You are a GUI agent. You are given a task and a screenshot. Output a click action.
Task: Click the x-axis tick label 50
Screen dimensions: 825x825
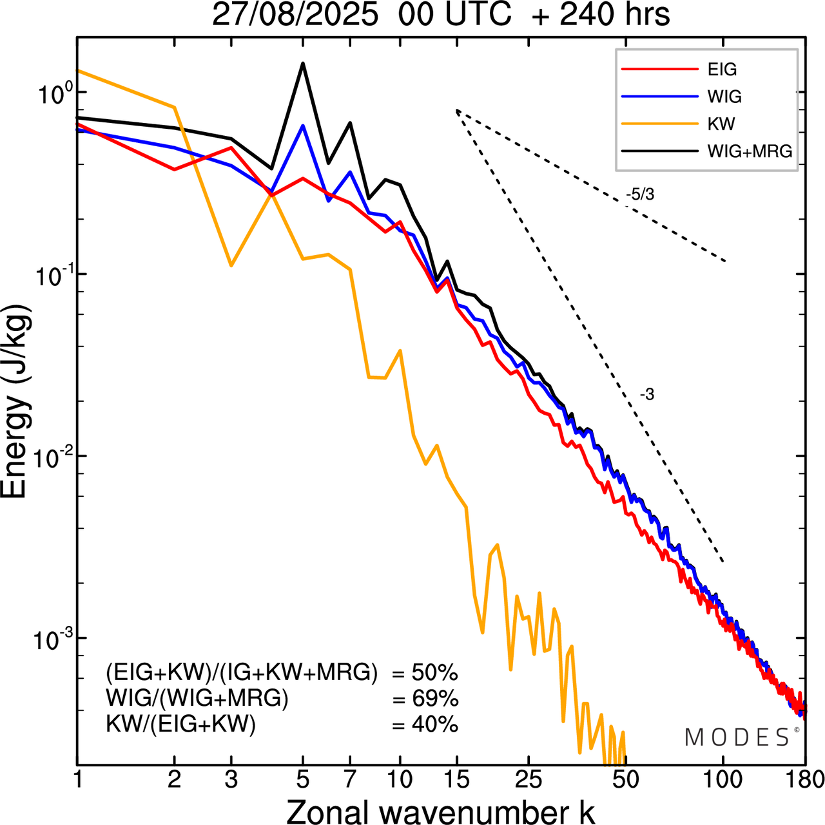tap(625, 780)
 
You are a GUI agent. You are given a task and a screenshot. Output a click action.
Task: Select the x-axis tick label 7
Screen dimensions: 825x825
tap(350, 780)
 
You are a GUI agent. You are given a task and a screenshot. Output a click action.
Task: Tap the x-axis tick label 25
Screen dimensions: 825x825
tap(528, 780)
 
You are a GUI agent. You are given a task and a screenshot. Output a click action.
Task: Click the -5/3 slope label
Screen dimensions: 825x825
tap(640, 194)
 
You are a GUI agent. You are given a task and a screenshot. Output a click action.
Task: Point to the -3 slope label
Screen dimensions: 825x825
tap(647, 395)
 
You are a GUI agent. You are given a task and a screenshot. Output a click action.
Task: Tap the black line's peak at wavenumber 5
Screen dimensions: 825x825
tap(303, 63)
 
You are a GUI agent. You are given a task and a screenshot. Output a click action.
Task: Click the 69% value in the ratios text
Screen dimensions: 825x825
tap(425, 699)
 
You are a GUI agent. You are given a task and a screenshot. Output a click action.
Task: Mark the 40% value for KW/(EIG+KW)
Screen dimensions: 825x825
tap(425, 725)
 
